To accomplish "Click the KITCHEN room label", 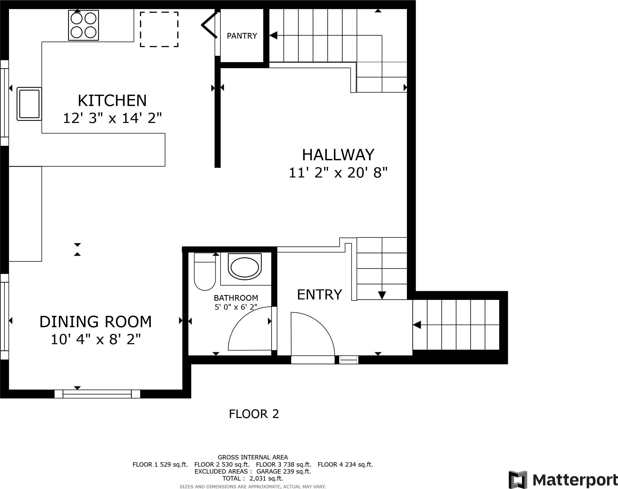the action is tap(112, 101).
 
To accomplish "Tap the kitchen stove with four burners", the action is tap(84, 25).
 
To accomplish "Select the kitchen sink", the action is tap(29, 104).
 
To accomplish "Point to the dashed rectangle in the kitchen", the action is tap(159, 29).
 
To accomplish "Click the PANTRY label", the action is tap(242, 36).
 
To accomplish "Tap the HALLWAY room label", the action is tap(338, 155).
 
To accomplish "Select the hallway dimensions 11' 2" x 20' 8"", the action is tap(338, 173).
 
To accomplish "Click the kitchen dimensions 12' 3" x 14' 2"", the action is tap(112, 118).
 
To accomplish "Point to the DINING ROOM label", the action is tap(96, 322).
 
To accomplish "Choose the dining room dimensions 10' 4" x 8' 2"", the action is tap(96, 340).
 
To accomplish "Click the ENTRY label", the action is tap(319, 295).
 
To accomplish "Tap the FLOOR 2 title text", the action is tap(254, 414).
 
